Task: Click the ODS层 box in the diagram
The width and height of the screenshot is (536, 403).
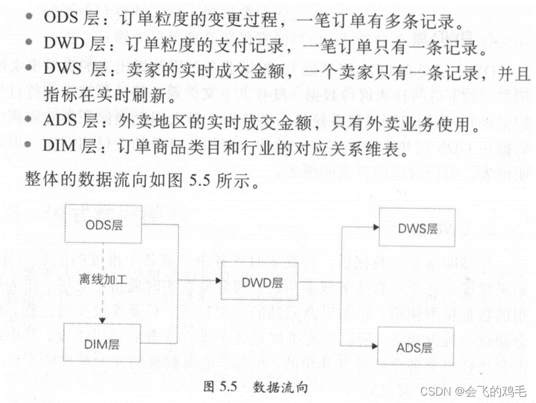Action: [104, 225]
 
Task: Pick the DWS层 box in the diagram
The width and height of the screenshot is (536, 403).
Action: [417, 228]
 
